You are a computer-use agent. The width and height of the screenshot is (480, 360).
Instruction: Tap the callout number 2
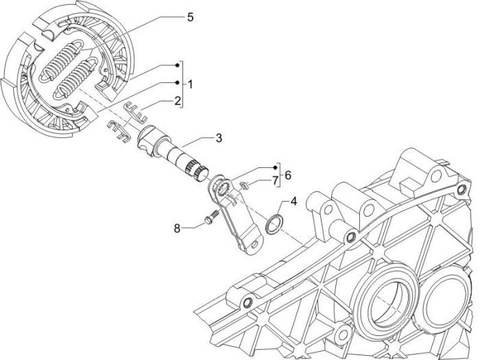[177, 101]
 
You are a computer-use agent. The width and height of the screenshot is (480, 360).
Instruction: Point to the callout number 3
[218, 139]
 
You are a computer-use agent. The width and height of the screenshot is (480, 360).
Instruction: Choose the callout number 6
[288, 175]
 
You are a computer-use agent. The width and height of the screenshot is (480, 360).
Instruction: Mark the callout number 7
[276, 180]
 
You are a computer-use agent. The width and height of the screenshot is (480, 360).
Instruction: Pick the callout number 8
[176, 228]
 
